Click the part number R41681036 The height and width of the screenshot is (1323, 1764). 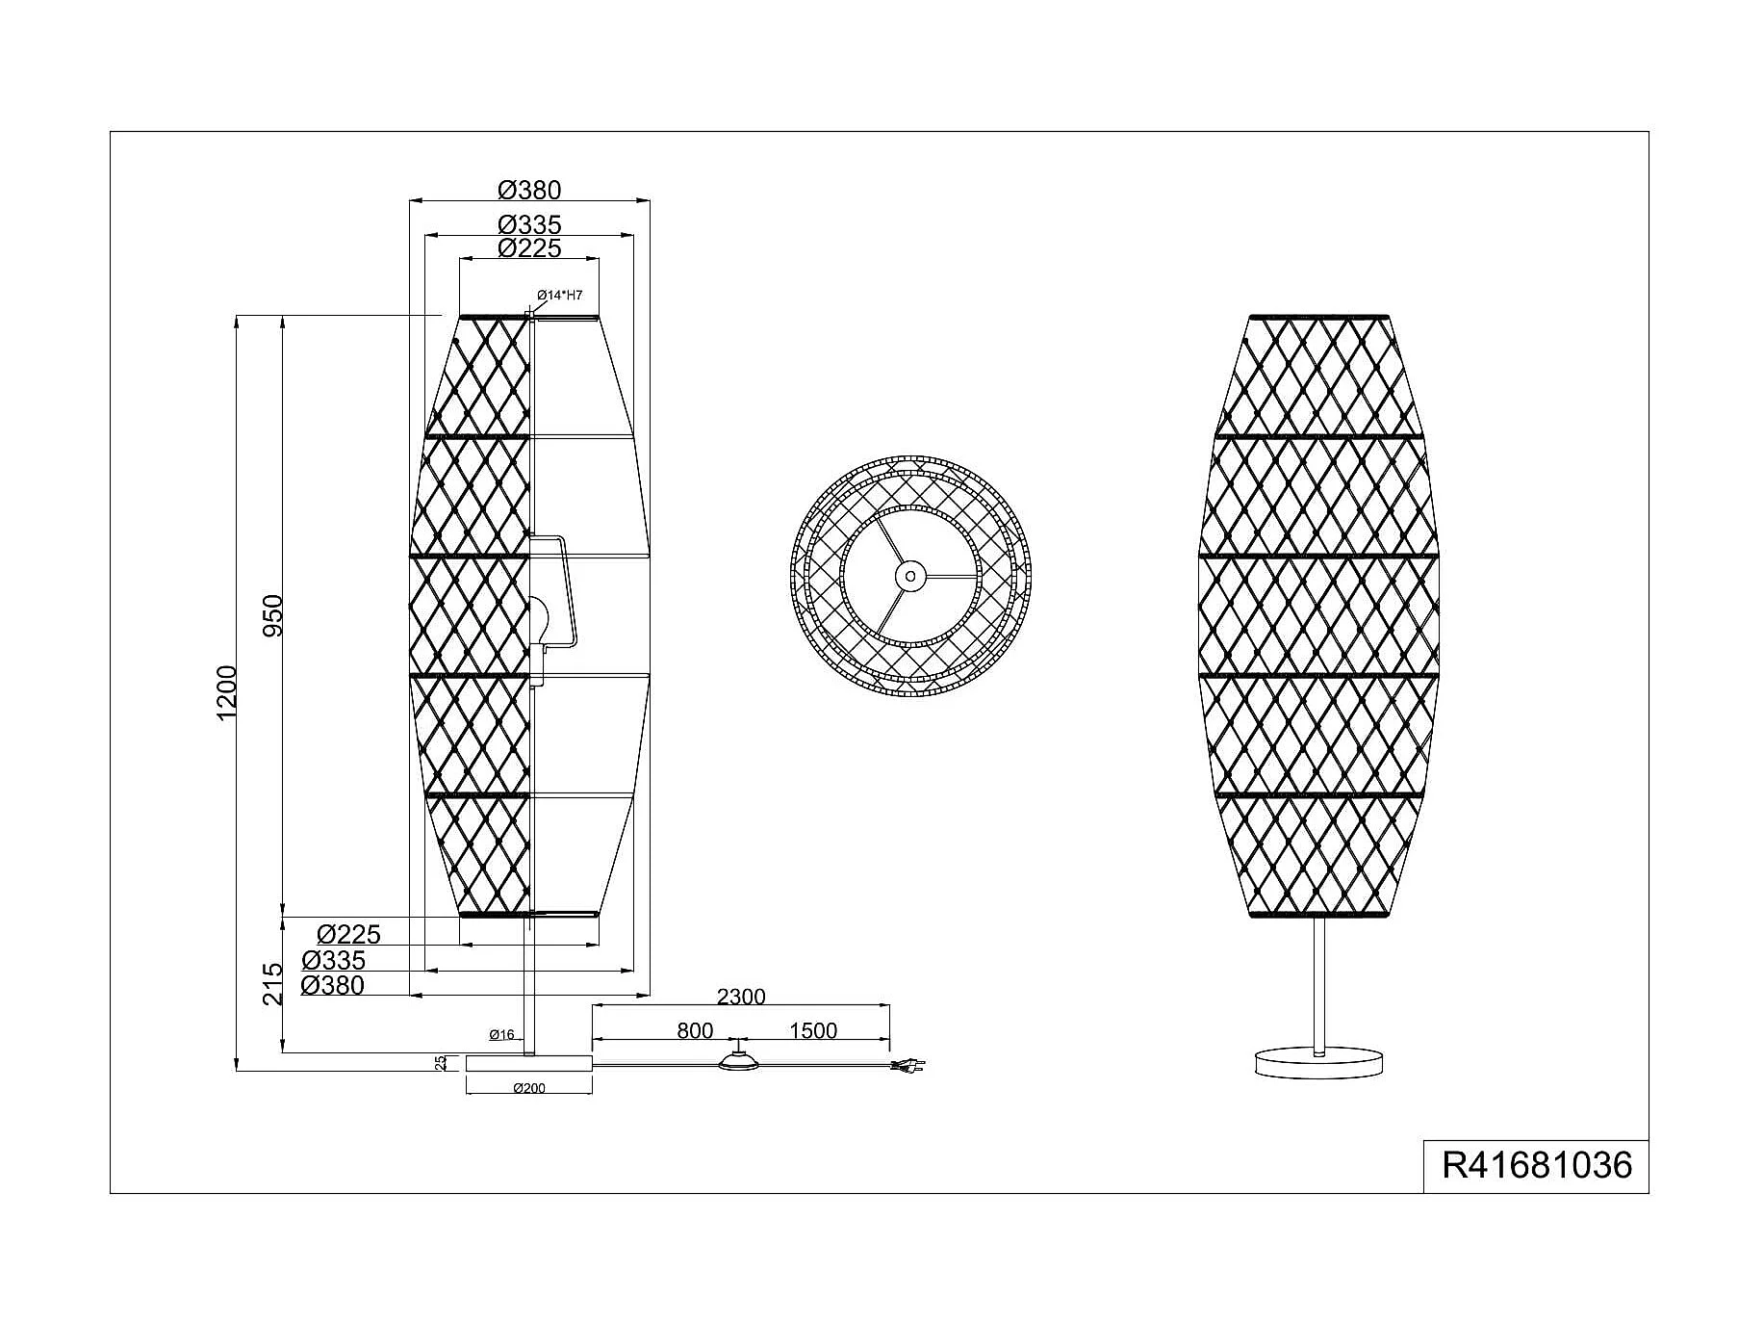[x=1537, y=1165]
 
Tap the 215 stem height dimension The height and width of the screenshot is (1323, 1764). [x=273, y=983]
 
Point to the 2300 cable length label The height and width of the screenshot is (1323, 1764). [x=741, y=997]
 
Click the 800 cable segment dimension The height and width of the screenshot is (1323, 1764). [x=695, y=1030]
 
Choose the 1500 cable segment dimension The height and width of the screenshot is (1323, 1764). [x=813, y=1030]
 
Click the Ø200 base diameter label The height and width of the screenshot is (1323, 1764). [x=529, y=1088]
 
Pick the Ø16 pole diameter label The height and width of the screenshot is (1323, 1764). [x=501, y=1035]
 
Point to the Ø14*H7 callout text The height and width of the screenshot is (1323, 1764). [x=560, y=295]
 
